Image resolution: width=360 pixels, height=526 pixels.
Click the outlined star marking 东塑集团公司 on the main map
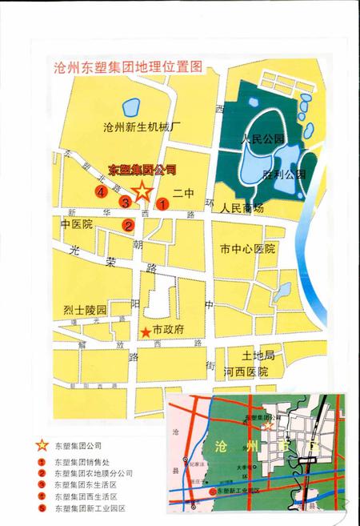point(142,191)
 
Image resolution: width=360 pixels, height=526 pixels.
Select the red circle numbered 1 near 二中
point(162,204)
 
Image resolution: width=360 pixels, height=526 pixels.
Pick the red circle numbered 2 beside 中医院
point(128,225)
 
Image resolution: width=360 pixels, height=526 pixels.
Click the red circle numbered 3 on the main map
point(125,203)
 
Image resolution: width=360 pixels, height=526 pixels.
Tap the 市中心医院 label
point(247,249)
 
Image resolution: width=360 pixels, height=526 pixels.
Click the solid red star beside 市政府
point(146,331)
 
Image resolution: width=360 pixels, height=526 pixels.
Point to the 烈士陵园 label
point(85,309)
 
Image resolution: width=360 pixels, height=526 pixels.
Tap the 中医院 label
point(77,225)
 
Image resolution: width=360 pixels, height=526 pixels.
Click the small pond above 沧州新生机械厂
point(130,105)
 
